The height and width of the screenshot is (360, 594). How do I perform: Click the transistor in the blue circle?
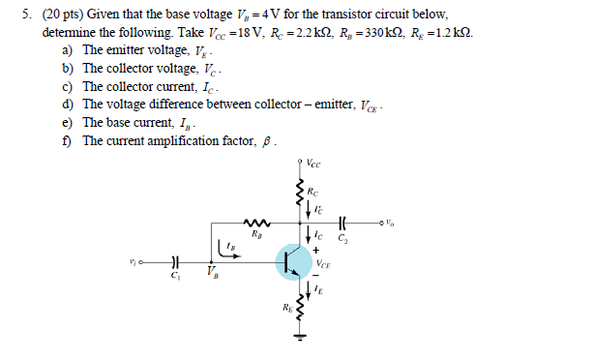coord(293,261)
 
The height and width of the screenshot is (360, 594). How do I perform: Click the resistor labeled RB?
coord(255,222)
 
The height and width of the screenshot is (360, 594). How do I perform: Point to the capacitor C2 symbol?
coord(344,222)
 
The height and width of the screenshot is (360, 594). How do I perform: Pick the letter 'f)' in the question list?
coord(68,141)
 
